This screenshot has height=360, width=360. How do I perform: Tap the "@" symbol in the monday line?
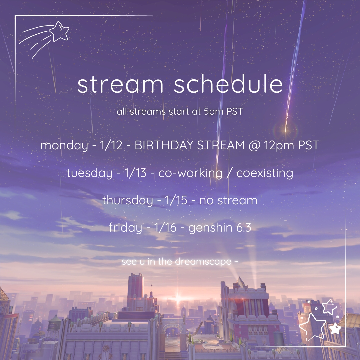[254, 145]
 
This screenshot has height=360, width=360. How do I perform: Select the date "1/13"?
[135, 173]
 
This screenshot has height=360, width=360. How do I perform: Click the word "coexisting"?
[265, 173]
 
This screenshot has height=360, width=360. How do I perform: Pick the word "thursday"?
[128, 200]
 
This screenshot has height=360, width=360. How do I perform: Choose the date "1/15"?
[176, 200]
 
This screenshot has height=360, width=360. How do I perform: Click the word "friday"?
[125, 228]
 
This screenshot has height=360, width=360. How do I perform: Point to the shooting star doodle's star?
[59, 31]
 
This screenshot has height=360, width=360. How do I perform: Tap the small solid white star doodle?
[335, 329]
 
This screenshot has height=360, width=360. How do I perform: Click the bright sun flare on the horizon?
[178, 299]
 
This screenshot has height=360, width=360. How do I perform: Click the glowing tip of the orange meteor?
[286, 131]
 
